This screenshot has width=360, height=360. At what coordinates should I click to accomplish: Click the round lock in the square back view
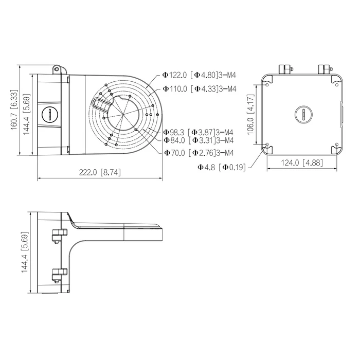(302, 114)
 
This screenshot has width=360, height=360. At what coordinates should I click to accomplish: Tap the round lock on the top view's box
(50, 114)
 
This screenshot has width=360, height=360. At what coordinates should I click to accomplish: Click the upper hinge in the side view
(59, 234)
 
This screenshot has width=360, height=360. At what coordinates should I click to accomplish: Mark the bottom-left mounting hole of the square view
(268, 145)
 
